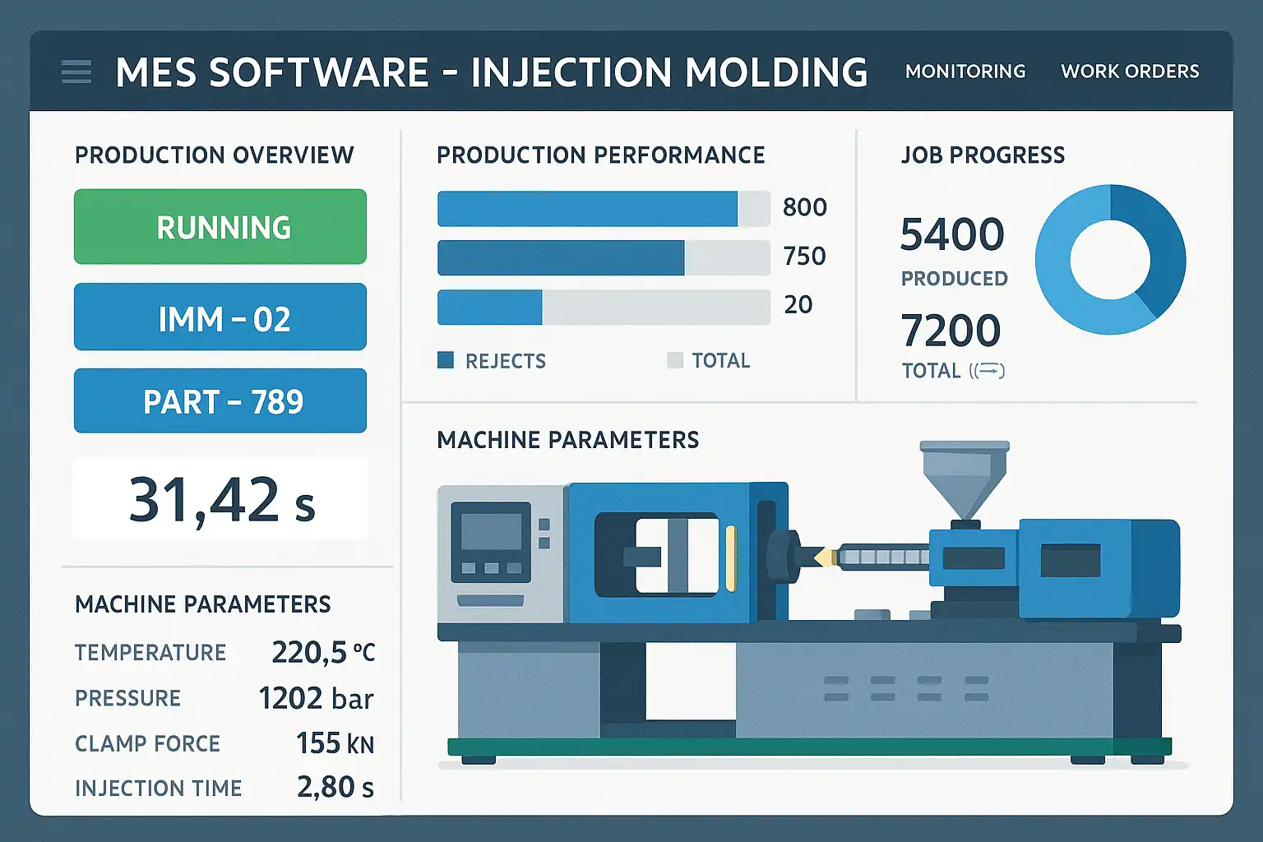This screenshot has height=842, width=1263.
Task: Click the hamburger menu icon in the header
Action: [76, 72]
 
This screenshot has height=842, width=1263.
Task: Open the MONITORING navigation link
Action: [965, 72]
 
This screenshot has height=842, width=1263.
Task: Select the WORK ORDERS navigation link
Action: [1130, 72]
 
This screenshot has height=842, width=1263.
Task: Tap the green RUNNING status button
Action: [220, 227]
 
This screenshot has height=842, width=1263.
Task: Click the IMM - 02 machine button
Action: [220, 317]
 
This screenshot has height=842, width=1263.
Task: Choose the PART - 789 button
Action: [220, 401]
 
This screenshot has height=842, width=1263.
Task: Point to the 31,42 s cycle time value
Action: [221, 499]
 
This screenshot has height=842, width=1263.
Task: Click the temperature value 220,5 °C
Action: [323, 653]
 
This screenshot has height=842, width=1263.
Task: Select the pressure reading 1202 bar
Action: [316, 698]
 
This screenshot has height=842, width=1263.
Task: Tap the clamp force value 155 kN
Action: [335, 743]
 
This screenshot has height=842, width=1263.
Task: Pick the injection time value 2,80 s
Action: [335, 788]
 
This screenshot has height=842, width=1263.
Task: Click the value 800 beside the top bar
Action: [804, 207]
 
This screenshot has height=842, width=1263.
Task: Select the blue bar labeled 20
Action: [490, 308]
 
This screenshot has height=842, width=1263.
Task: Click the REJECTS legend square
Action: [446, 360]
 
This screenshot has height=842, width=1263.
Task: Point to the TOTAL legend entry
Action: [709, 360]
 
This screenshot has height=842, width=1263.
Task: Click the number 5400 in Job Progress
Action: [952, 235]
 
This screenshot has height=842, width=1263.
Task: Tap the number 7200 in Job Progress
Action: [951, 331]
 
